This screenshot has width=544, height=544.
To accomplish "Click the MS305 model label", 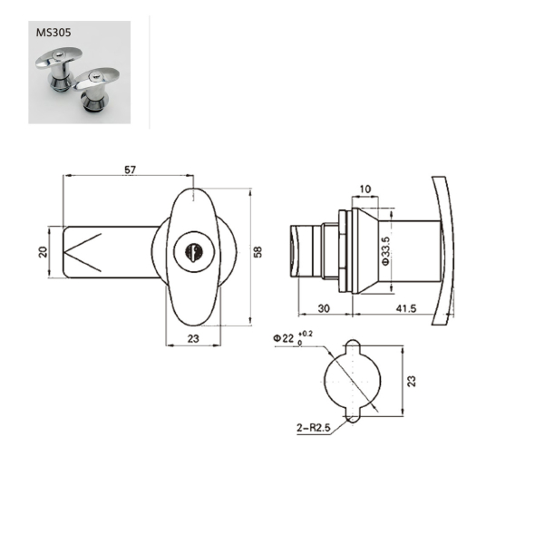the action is point(53,33).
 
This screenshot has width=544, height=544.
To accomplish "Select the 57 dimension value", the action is point(130,170).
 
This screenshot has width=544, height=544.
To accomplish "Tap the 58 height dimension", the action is point(257,252).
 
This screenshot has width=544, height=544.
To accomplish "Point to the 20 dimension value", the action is point(43,251).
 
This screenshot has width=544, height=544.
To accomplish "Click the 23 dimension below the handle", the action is point(193,338).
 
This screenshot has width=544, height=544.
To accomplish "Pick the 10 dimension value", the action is point(365,189).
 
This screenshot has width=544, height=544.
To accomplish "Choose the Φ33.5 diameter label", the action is point(386,251).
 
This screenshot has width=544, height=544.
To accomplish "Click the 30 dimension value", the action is point(324,308).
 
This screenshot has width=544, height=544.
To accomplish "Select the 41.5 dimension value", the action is point(406,308).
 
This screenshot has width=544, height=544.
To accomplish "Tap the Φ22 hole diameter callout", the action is point(284,338).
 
